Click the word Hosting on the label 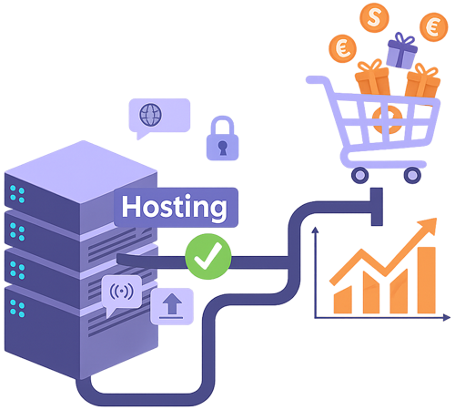[x=174, y=207]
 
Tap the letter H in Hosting [x=131, y=206]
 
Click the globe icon [x=150, y=115]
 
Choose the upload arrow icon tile [x=170, y=304]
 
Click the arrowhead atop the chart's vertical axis [x=314, y=231]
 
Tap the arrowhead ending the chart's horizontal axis [x=447, y=317]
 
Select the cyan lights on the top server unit [x=17, y=193]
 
